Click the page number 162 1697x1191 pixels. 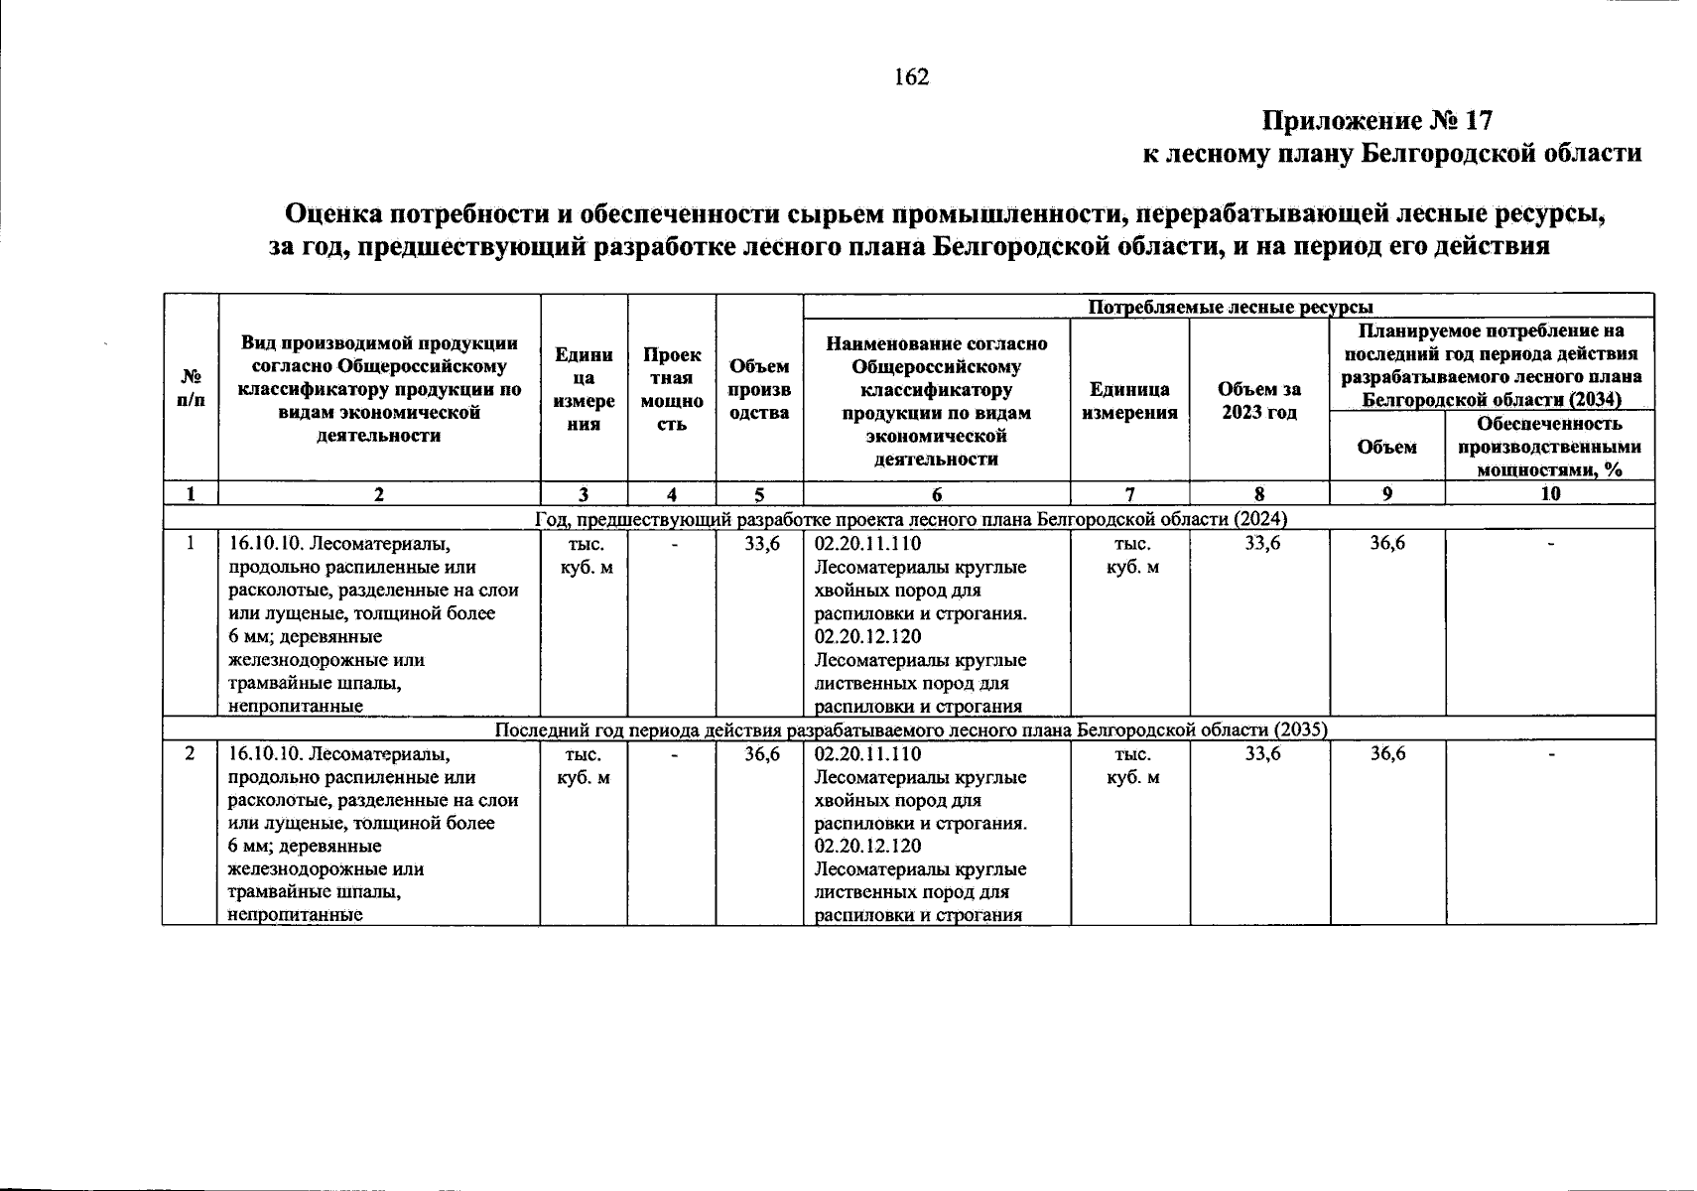coord(911,77)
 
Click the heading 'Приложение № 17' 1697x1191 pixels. coord(1376,121)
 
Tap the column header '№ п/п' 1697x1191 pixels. coord(191,388)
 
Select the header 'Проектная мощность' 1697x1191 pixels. coord(672,389)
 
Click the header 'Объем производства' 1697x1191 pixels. coord(759,389)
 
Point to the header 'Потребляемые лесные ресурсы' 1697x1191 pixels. coord(1230,307)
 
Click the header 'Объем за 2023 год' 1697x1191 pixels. coord(1258,400)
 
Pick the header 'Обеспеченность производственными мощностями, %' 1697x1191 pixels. coord(1549,447)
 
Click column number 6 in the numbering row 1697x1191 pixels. coord(937,494)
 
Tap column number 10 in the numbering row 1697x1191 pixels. coord(1550,494)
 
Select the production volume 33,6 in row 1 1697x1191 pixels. coord(762,544)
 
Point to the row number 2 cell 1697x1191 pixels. coord(191,754)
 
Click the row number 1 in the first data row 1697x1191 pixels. coord(191,544)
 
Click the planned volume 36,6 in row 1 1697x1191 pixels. coord(1386,544)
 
